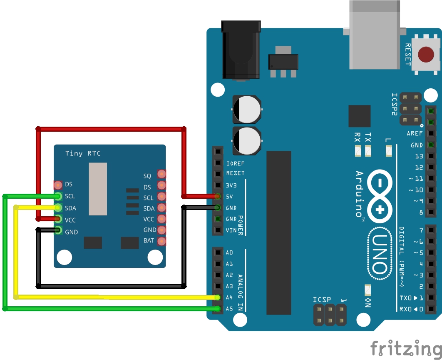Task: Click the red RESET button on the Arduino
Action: [425, 55]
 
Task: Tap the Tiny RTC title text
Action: [83, 153]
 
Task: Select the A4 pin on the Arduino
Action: [218, 297]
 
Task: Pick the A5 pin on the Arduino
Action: [218, 309]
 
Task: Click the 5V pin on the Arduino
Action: [218, 196]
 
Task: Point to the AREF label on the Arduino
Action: [415, 134]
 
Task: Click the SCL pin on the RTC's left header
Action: [58, 196]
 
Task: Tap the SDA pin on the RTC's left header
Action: [58, 207]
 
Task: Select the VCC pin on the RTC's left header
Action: [58, 219]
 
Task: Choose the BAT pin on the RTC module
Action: [161, 241]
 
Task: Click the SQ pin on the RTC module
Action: [161, 174]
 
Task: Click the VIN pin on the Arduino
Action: [218, 230]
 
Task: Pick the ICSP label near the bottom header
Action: [322, 300]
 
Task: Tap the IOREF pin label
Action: [235, 163]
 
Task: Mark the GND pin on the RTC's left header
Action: [58, 230]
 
